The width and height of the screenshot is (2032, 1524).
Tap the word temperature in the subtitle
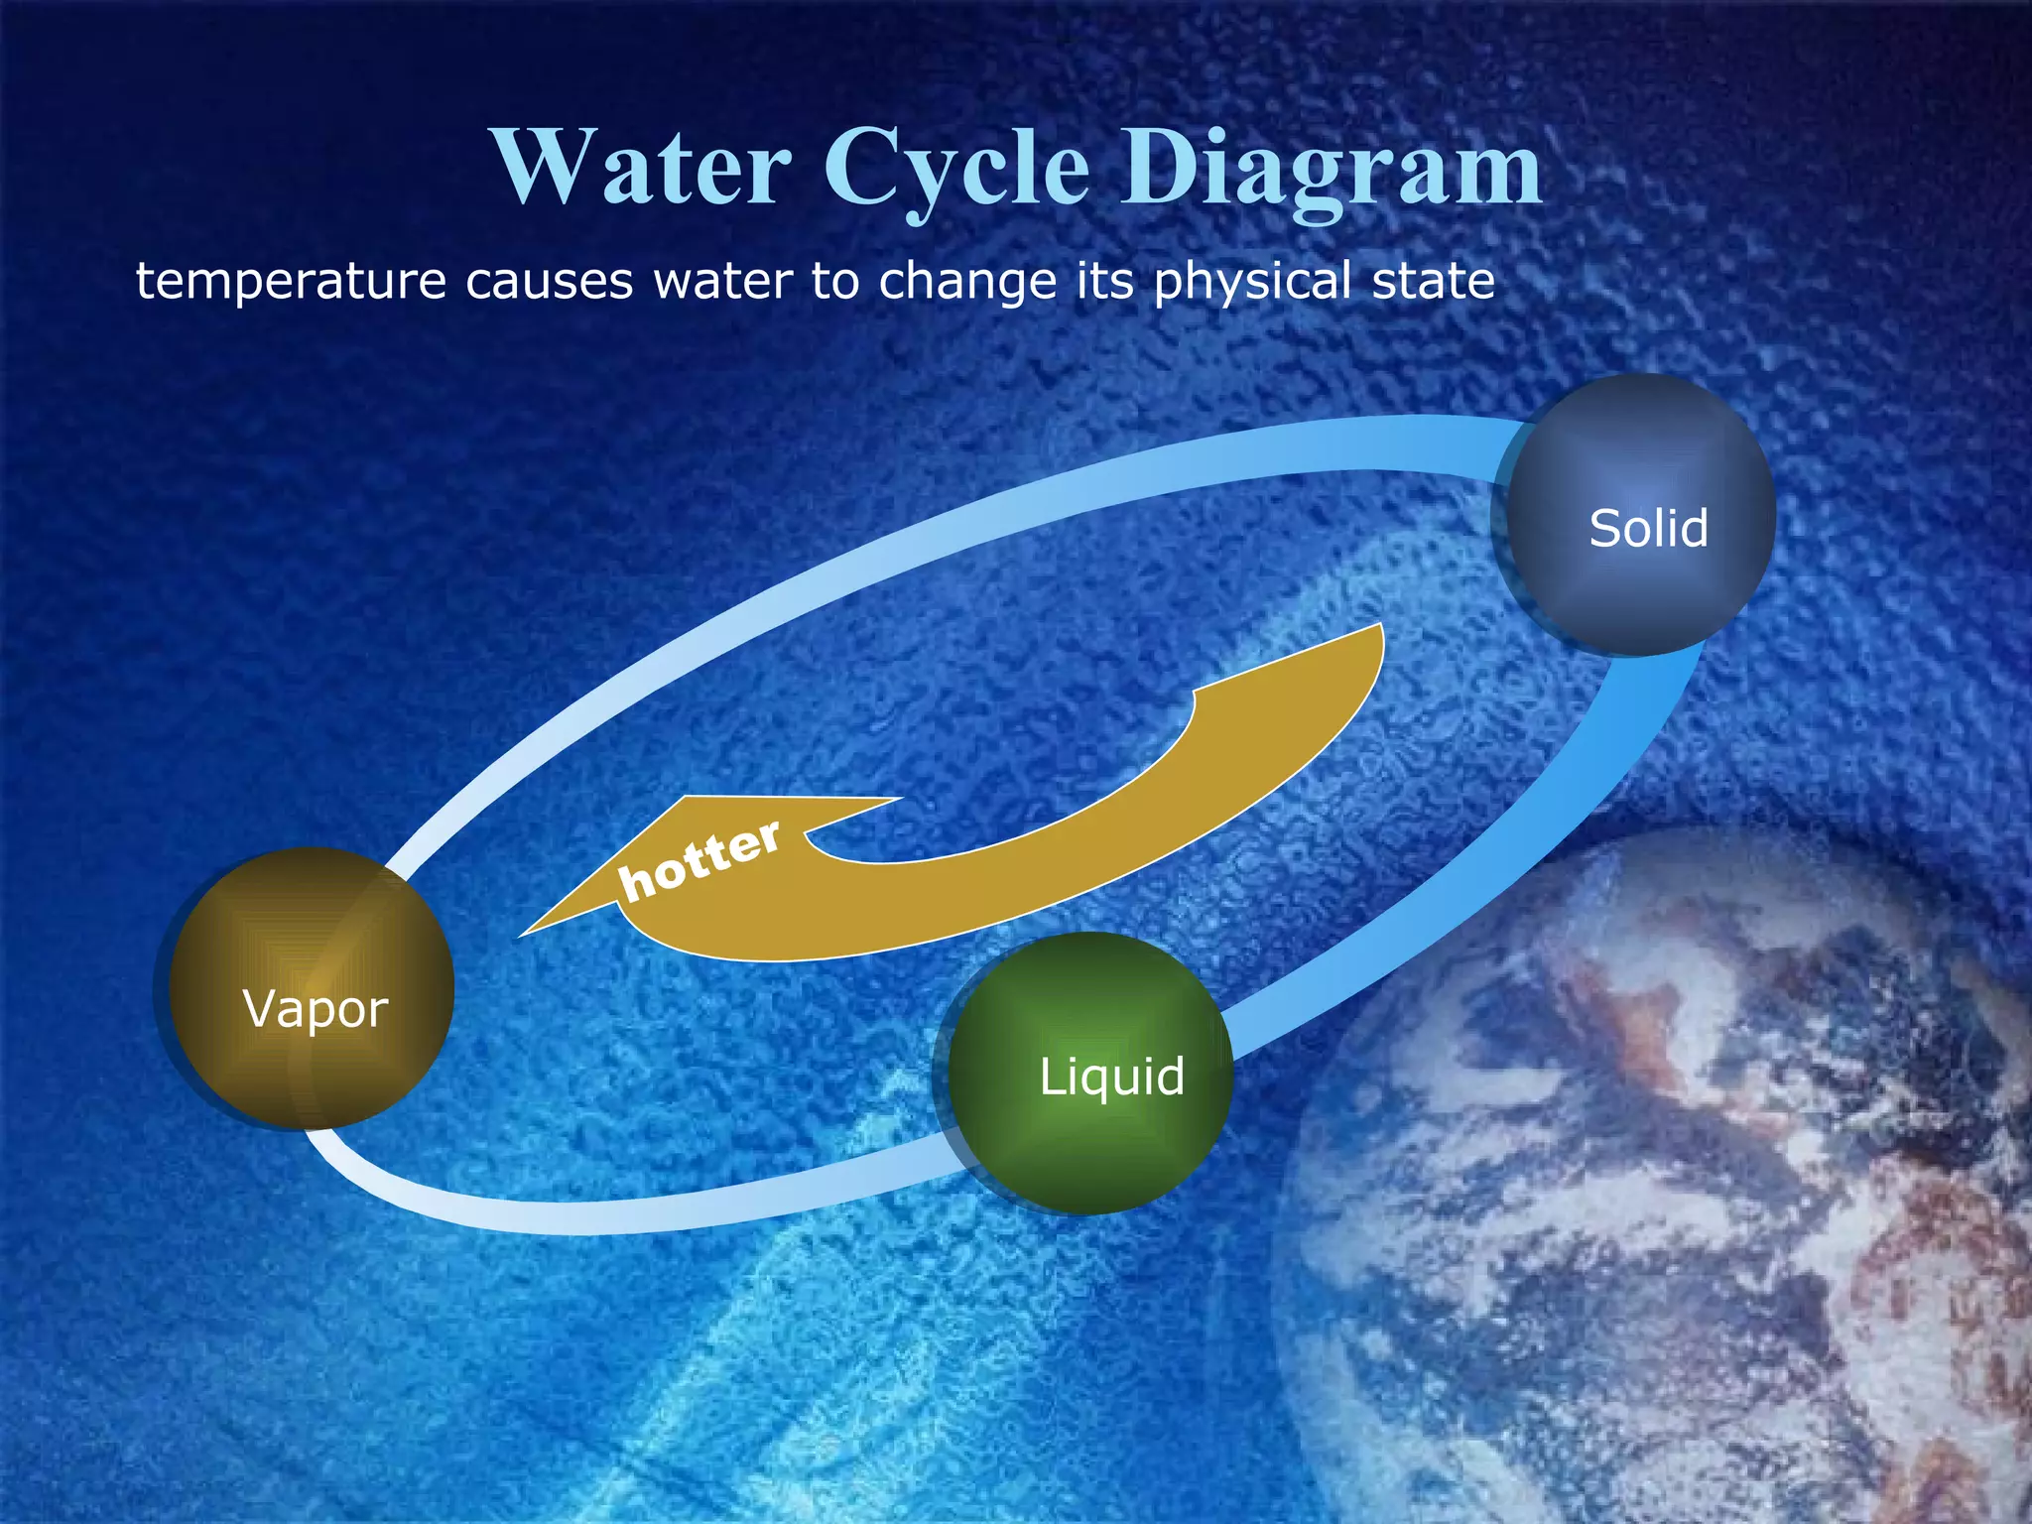[x=291, y=282]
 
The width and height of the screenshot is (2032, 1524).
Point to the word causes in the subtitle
[x=549, y=282]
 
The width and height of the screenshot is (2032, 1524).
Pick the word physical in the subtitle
[x=1252, y=282]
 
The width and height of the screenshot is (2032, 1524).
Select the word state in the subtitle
[x=1433, y=282]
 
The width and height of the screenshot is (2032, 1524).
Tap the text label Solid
[x=1648, y=528]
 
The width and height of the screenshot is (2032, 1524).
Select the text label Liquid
[x=1112, y=1077]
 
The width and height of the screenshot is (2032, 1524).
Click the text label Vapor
[x=316, y=1010]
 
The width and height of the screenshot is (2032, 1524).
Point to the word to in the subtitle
[x=835, y=282]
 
